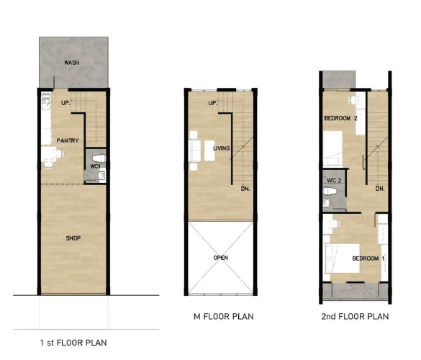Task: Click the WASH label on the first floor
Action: click(x=72, y=63)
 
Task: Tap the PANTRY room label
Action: click(x=68, y=140)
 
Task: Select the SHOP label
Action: click(x=73, y=238)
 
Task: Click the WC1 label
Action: click(x=95, y=166)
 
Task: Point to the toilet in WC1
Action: click(x=99, y=158)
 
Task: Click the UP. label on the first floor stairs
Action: click(x=65, y=103)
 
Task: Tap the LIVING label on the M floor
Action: click(x=222, y=148)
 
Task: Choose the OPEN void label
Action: click(x=221, y=258)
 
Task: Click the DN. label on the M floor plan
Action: click(x=245, y=189)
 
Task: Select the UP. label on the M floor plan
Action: click(x=212, y=103)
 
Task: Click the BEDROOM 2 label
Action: click(x=340, y=118)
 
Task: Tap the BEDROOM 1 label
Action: click(x=368, y=258)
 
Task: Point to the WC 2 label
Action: click(x=334, y=181)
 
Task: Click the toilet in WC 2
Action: click(x=330, y=191)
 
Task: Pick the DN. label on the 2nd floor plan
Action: click(x=380, y=189)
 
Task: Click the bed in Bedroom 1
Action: click(x=342, y=258)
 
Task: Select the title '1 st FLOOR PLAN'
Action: click(x=73, y=343)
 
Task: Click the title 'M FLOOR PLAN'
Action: click(x=224, y=317)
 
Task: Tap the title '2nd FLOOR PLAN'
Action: click(x=355, y=317)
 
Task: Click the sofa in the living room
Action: click(x=195, y=150)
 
